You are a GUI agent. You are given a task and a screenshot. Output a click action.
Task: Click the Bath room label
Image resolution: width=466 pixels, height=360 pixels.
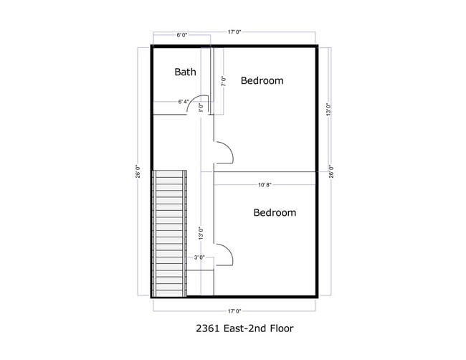[x=185, y=72]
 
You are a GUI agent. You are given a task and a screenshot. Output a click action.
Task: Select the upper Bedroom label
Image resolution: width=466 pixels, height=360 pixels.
[x=262, y=80]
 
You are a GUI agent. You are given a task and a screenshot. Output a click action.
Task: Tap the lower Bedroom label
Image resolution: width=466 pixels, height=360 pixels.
[x=275, y=213]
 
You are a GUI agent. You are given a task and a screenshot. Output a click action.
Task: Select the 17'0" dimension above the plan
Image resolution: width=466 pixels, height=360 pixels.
[x=234, y=32]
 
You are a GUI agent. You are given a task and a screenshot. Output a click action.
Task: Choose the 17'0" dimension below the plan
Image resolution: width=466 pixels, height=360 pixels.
[x=234, y=311]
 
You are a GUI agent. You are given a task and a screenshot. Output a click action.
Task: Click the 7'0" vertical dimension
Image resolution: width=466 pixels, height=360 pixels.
[x=224, y=81]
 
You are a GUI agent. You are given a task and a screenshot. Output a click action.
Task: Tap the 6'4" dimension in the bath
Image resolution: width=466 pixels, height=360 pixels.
[x=184, y=102]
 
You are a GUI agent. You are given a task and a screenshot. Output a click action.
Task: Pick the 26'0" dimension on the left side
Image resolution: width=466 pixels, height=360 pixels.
[x=137, y=172]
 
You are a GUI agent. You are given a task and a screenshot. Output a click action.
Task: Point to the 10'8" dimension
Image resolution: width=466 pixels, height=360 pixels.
[x=265, y=184]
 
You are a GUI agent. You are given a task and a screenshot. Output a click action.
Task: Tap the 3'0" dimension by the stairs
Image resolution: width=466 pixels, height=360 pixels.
[x=199, y=257]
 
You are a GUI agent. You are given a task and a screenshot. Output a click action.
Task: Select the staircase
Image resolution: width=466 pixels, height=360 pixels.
[x=170, y=232]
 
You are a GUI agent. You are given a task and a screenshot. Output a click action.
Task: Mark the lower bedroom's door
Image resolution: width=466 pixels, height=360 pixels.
[x=223, y=253]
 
